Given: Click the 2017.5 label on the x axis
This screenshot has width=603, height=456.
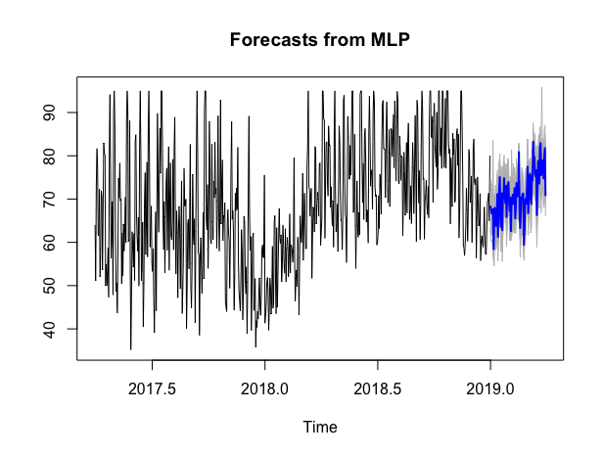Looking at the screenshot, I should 152,388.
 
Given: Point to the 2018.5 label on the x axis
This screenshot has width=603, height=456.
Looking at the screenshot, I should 378,388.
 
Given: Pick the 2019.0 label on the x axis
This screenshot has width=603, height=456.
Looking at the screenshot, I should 490,388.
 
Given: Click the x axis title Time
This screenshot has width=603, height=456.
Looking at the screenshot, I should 320,427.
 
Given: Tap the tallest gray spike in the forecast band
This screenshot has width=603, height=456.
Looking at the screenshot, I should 541,89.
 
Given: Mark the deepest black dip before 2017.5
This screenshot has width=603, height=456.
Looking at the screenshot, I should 131,347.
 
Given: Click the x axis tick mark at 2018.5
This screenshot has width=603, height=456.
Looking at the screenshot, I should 378,366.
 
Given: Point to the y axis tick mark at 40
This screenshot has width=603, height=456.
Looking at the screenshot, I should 74,328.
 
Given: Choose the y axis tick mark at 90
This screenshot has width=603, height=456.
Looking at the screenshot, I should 74,113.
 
